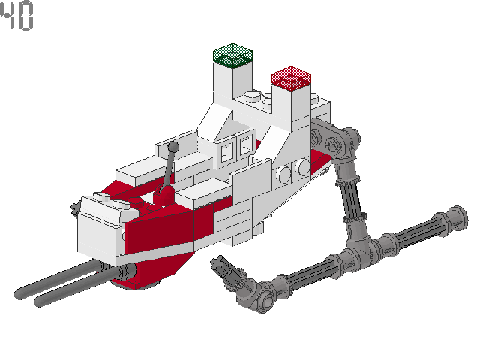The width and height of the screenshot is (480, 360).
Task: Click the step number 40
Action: pyautogui.click(x=17, y=18)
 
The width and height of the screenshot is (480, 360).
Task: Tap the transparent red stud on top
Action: pyautogui.click(x=291, y=77)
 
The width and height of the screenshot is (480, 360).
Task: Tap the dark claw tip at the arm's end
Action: pyautogui.click(x=218, y=263)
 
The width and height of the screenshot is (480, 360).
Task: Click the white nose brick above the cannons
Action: pyautogui.click(x=100, y=225)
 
